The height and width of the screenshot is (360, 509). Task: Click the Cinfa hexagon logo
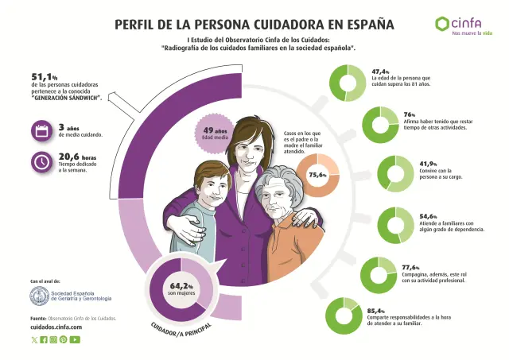tap(442, 24)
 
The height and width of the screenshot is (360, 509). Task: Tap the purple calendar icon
tap(41, 130)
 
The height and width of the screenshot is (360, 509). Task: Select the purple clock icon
tap(41, 161)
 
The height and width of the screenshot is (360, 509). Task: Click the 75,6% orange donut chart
tap(318, 175)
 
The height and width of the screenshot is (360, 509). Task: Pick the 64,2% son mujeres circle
tap(181, 289)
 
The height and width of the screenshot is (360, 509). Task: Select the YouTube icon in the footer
tap(75, 339)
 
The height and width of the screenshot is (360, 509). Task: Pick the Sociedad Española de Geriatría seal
tap(39, 296)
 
